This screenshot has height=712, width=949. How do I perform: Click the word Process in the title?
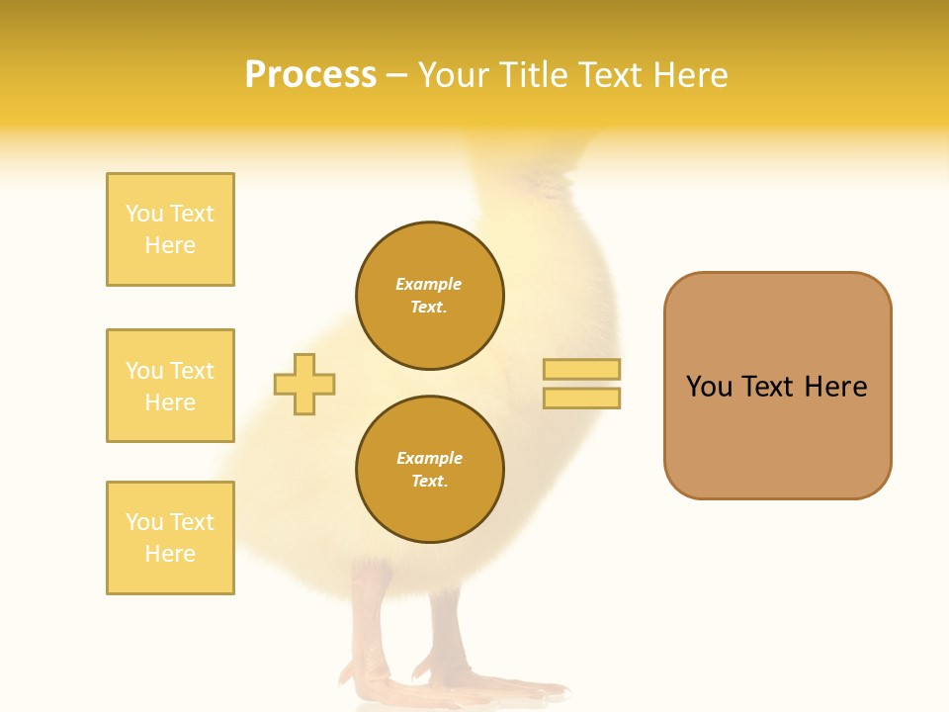click(x=310, y=75)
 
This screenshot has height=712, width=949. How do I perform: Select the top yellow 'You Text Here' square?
click(x=170, y=229)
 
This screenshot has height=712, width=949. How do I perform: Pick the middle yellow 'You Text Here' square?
click(x=170, y=386)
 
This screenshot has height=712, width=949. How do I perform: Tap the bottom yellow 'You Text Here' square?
click(x=170, y=538)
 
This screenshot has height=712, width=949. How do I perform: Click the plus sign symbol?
click(x=304, y=384)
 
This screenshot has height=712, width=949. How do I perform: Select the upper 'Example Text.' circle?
click(x=430, y=296)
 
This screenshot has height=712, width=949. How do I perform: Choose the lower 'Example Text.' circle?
click(x=430, y=470)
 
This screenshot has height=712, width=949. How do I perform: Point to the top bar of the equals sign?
click(x=581, y=369)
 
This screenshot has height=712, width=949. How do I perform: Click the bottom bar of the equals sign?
click(x=581, y=399)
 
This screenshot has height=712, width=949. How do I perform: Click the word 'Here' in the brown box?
click(x=835, y=387)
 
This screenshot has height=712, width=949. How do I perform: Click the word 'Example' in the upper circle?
click(x=429, y=284)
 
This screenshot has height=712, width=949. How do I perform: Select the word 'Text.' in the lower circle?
click(x=429, y=482)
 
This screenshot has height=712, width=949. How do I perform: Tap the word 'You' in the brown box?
click(x=709, y=387)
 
